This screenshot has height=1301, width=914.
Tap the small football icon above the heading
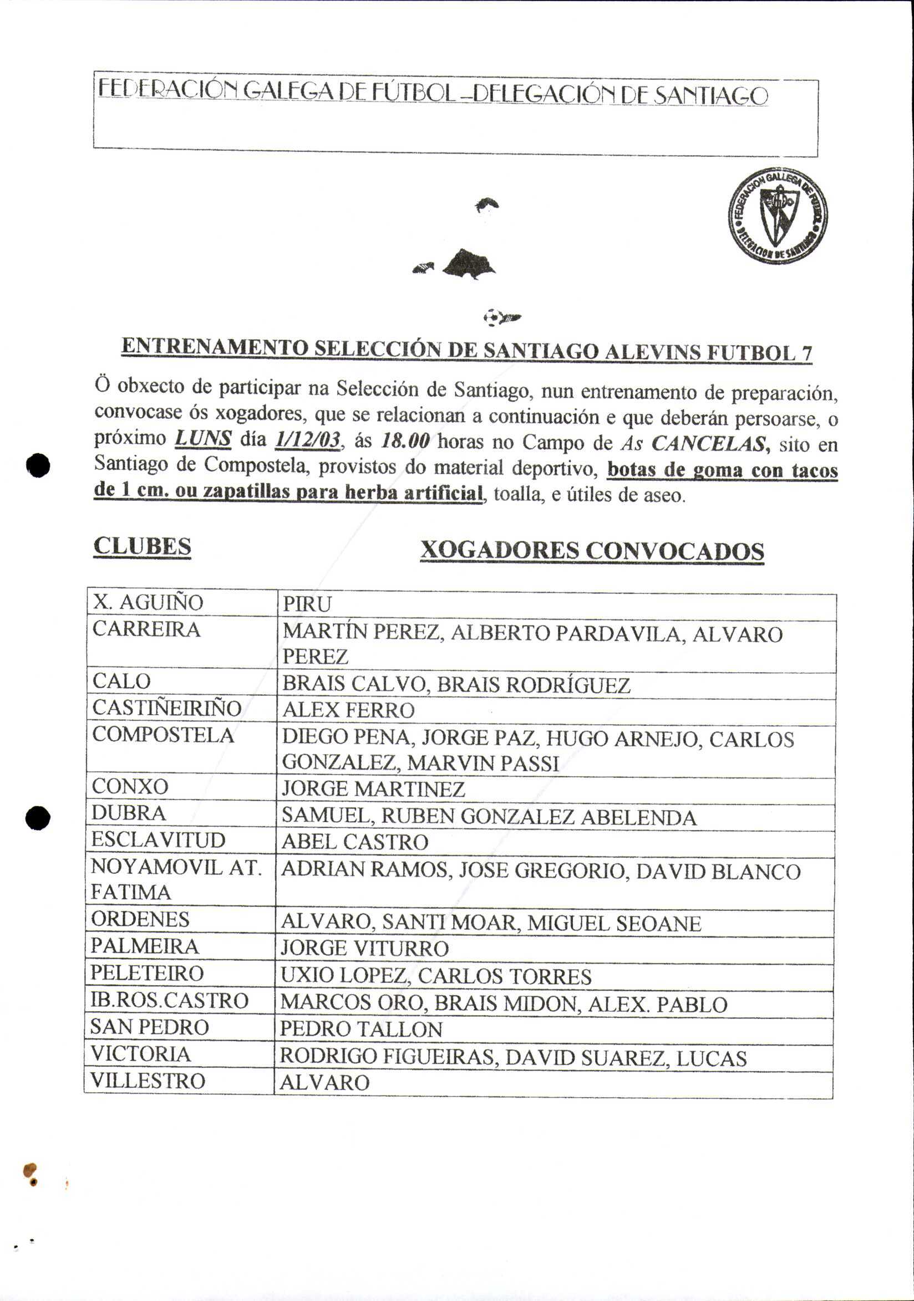[x=492, y=317]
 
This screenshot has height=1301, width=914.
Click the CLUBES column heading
[x=142, y=546]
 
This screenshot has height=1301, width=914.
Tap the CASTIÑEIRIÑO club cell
[x=167, y=708]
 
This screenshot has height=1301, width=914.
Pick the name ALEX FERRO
[x=348, y=710]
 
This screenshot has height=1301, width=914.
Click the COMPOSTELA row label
[x=163, y=735]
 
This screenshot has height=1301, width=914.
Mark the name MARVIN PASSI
[x=483, y=764]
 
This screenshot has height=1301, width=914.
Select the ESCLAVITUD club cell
[x=158, y=840]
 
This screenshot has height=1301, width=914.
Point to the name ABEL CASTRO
[x=355, y=842]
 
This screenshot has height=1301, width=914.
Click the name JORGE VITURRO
[x=364, y=949]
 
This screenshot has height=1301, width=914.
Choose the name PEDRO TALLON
[x=360, y=1029]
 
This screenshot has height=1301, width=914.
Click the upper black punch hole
[x=39, y=465]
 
